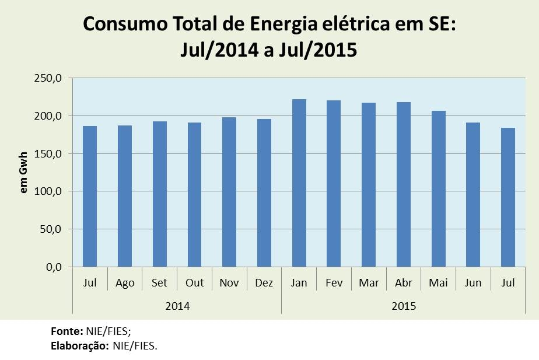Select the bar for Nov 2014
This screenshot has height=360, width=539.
[229, 192]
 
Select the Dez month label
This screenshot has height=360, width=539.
[264, 283]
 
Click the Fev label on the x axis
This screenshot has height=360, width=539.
[334, 283]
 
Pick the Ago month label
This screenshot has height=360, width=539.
[125, 283]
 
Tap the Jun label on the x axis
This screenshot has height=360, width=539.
[473, 283]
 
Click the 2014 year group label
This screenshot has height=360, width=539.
[177, 305]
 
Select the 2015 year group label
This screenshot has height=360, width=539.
[404, 305]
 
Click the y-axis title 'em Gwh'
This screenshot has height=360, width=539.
[24, 173]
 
